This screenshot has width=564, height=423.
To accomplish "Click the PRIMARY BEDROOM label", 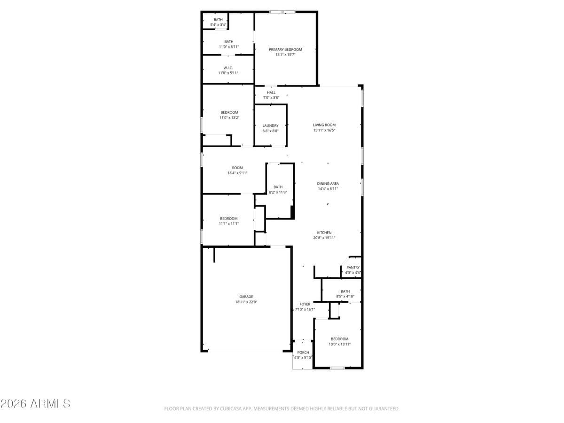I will click(285, 49).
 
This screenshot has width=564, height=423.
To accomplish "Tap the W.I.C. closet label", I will click(228, 68).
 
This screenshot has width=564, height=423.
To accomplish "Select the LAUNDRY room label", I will click(270, 125).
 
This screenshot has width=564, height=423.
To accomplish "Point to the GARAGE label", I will click(246, 297).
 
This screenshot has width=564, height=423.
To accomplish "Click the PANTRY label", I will click(353, 267).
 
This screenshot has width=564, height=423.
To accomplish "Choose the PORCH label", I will click(303, 352).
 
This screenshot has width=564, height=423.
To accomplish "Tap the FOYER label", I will click(305, 304).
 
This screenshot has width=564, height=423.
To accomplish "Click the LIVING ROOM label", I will click(324, 125).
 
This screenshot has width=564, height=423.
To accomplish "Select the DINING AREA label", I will click(328, 184).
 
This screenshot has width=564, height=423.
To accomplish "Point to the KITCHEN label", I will click(324, 233).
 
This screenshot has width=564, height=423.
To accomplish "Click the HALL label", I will click(271, 93).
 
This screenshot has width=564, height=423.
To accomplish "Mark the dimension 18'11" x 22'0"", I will click(246, 302).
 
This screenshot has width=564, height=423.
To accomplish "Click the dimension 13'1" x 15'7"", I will click(285, 55).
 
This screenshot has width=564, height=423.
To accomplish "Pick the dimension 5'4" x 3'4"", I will click(218, 25).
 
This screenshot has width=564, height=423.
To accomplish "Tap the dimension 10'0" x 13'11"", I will click(339, 345).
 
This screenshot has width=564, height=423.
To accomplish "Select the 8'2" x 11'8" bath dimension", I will click(278, 192).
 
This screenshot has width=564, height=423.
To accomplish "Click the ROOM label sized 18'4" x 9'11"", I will click(237, 168).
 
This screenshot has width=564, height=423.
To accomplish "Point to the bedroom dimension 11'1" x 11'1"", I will click(229, 224).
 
